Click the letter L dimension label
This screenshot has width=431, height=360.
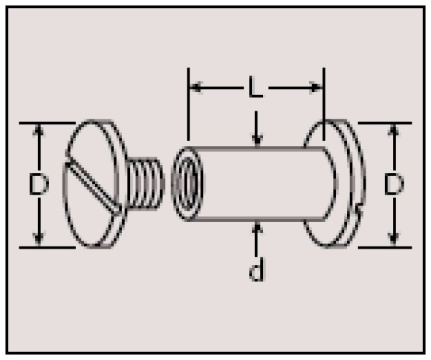point(255,87)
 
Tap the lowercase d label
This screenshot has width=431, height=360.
point(256,269)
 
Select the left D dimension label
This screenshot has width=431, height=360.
point(39,185)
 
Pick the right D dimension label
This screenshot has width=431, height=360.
point(394,184)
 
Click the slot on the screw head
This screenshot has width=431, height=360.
point(93,187)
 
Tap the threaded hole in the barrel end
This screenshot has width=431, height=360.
point(188,184)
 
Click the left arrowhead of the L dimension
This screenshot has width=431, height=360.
point(196,88)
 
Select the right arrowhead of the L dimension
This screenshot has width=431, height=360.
point(315,88)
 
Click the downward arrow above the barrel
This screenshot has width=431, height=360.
point(256,129)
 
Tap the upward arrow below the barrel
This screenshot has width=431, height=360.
point(256,239)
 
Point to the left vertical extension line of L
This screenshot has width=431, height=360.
point(188,104)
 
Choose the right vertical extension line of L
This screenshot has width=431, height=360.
point(324,104)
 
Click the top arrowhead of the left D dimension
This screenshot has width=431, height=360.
point(39,130)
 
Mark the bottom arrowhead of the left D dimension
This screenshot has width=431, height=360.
point(39,239)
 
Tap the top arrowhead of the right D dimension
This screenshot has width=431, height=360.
point(394,130)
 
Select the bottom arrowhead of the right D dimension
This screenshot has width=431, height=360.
point(394,239)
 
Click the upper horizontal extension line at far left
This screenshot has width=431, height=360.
point(47,123)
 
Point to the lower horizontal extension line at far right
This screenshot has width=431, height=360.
point(385,247)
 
